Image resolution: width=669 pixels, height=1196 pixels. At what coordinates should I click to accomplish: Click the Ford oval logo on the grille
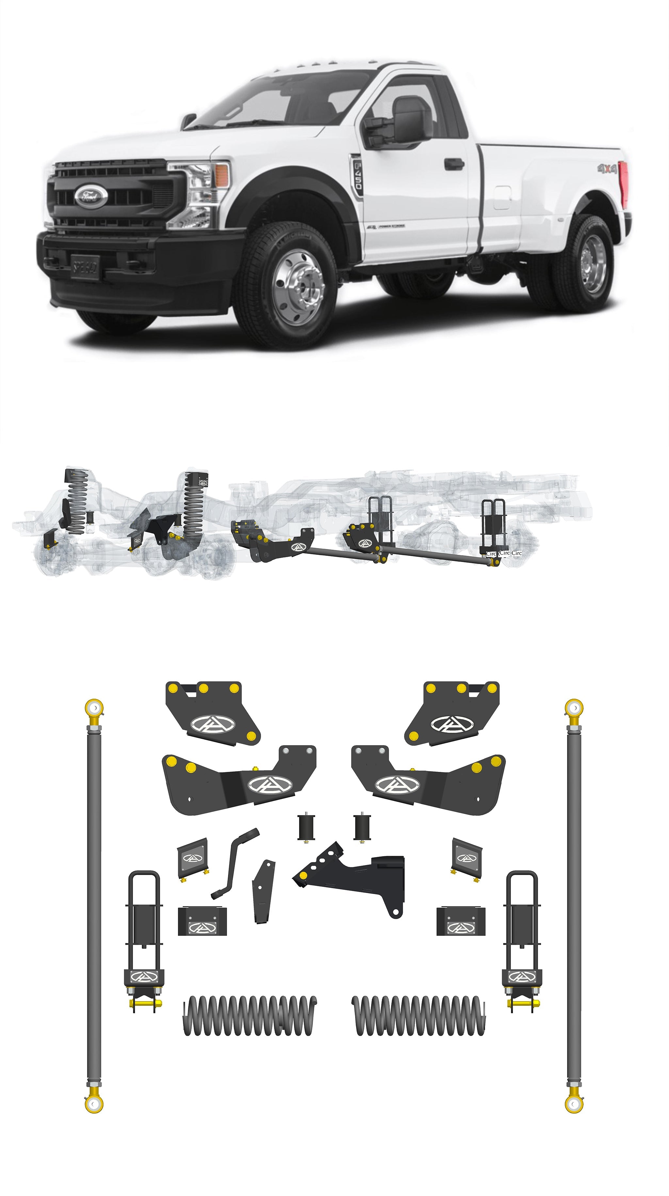pyautogui.click(x=91, y=195)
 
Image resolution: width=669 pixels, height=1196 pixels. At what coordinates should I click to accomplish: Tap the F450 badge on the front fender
pyautogui.click(x=357, y=177)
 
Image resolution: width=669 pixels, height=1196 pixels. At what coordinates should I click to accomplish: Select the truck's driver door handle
pyautogui.click(x=454, y=164)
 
